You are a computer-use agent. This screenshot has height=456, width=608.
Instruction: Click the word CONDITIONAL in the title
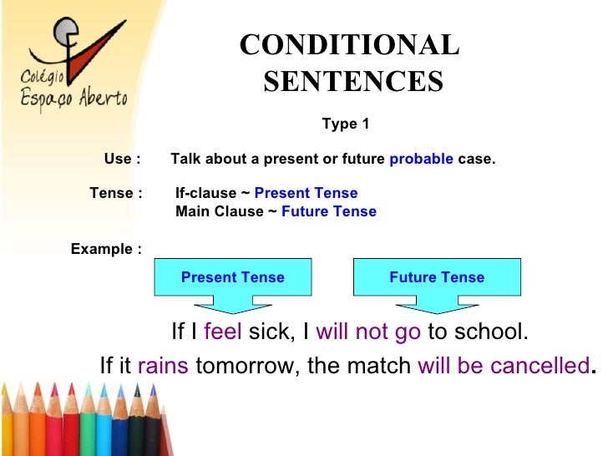point(349,45)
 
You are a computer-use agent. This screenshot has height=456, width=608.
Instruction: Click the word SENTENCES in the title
point(352,82)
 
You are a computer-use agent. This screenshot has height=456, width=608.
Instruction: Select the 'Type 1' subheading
point(345,124)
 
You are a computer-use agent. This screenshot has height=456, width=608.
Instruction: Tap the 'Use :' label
point(122,159)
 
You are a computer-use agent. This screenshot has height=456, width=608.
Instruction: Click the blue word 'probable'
point(421,159)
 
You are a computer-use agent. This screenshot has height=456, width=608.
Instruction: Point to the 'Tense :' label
point(115,193)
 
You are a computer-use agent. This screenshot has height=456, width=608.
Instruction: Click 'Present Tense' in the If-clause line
point(306,193)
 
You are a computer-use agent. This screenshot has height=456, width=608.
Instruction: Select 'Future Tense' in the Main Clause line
point(329,211)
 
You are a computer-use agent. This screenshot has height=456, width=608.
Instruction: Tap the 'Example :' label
point(105,249)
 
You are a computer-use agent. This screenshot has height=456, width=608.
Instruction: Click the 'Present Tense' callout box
point(232,277)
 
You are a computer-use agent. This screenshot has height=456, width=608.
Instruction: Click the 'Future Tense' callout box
point(436,277)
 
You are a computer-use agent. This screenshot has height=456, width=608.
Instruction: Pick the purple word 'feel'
point(222,332)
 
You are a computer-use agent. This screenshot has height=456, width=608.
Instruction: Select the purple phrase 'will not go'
point(368,332)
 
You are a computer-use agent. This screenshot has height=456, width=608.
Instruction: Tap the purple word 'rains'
point(163,366)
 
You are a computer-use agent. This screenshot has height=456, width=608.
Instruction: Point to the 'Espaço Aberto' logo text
point(73,98)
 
